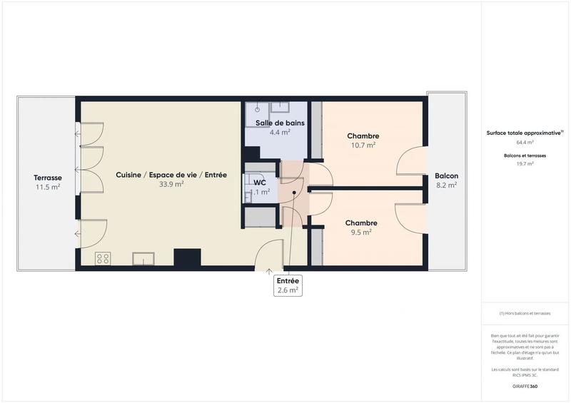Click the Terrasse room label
(46, 177)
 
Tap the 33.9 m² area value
(171, 184)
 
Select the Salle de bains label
(280, 123)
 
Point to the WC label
(259, 182)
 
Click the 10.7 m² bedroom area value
(363, 145)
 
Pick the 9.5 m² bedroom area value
(361, 232)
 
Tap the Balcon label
(447, 175)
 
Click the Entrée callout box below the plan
(289, 285)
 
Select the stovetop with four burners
(103, 258)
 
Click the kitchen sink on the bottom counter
(143, 258)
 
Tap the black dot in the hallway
(293, 193)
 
